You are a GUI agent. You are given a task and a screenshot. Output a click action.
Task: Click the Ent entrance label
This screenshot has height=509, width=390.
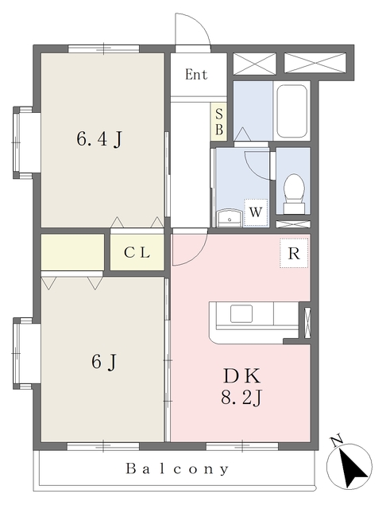196,75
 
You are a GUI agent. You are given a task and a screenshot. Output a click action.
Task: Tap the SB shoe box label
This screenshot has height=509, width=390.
219,122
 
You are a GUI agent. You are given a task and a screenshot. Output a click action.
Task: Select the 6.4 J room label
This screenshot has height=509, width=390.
100,139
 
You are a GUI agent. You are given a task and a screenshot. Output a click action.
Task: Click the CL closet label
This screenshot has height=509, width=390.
137,252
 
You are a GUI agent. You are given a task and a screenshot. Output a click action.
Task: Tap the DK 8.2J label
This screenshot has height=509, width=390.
241,387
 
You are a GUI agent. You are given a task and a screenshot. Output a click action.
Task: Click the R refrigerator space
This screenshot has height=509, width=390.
294,253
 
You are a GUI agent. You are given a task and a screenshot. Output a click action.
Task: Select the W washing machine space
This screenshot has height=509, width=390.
256,212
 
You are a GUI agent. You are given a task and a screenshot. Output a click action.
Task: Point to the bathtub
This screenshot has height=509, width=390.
292,111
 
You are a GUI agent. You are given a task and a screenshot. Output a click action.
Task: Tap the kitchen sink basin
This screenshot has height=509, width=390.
241,313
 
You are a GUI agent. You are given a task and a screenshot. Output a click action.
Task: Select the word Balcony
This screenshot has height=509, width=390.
177,468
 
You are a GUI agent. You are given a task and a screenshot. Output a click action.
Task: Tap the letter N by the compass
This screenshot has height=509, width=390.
337,441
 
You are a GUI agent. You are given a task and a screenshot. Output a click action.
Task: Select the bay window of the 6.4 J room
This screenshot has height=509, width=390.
23,142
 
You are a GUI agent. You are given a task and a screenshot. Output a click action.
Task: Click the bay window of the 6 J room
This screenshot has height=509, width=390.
23,353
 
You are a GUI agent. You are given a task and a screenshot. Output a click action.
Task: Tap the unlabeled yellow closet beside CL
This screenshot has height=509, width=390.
72,252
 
